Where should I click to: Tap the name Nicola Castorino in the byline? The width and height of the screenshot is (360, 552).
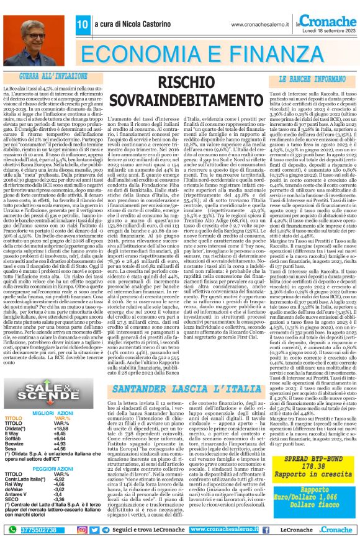point(133,24)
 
